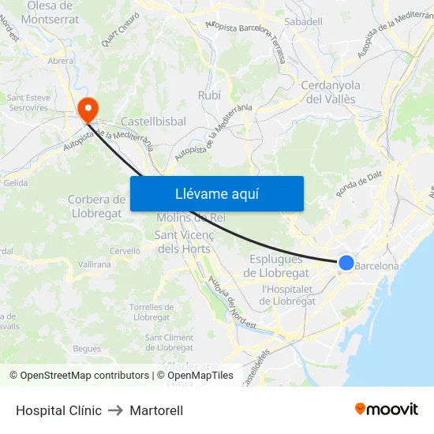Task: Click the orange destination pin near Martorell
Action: [86, 108]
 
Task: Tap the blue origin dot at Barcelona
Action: [346, 263]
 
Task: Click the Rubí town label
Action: [209, 95]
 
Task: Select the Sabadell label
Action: [303, 22]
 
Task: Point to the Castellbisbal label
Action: [153, 122]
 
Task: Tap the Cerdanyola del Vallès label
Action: [331, 92]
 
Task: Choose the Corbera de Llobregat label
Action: [96, 206]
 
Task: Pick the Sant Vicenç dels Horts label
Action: [182, 241]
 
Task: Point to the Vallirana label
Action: [95, 264]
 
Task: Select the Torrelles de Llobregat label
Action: [152, 312]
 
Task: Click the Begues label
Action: [87, 348]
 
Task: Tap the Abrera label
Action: [61, 60]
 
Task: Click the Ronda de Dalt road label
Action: [358, 185]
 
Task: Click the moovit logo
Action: [387, 409]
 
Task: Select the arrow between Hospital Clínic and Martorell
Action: [115, 410]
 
